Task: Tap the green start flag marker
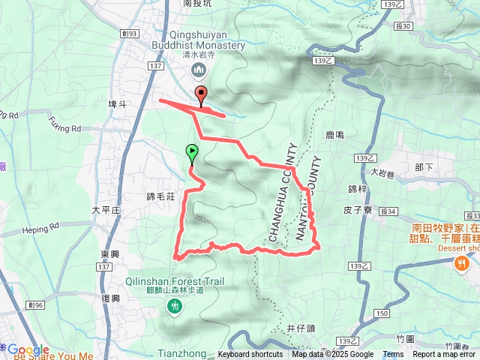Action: [192, 153]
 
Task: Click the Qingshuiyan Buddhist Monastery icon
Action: [199, 70]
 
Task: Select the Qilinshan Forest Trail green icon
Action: [175, 305]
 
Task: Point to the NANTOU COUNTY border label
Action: [310, 199]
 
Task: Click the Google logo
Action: [28, 349]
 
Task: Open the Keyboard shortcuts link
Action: [250, 355]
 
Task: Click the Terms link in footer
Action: [393, 355]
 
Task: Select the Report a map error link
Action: [445, 355]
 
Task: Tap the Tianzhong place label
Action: [177, 353]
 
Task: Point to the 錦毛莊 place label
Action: [160, 196]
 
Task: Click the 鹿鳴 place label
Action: [334, 135]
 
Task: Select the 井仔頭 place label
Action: [301, 328]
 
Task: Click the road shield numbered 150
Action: [382, 312]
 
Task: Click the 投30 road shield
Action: [402, 26]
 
